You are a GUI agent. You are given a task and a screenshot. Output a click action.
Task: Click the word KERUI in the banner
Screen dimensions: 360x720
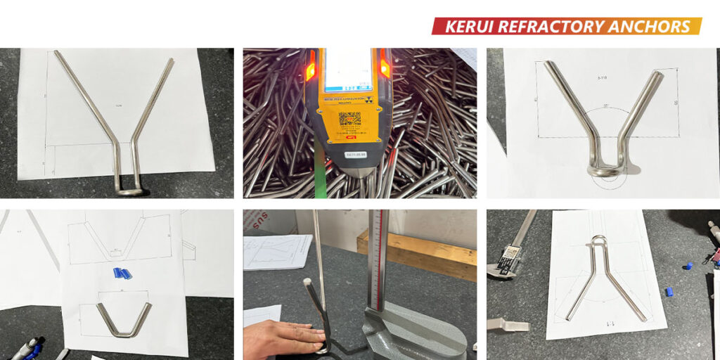(x=468, y=27)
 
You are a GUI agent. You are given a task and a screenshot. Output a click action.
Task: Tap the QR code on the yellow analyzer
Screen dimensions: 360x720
(x=349, y=118)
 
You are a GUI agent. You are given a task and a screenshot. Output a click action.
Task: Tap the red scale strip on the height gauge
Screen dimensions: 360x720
(x=383, y=260)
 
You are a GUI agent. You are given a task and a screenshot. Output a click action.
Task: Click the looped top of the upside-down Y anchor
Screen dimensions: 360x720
(x=598, y=242)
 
